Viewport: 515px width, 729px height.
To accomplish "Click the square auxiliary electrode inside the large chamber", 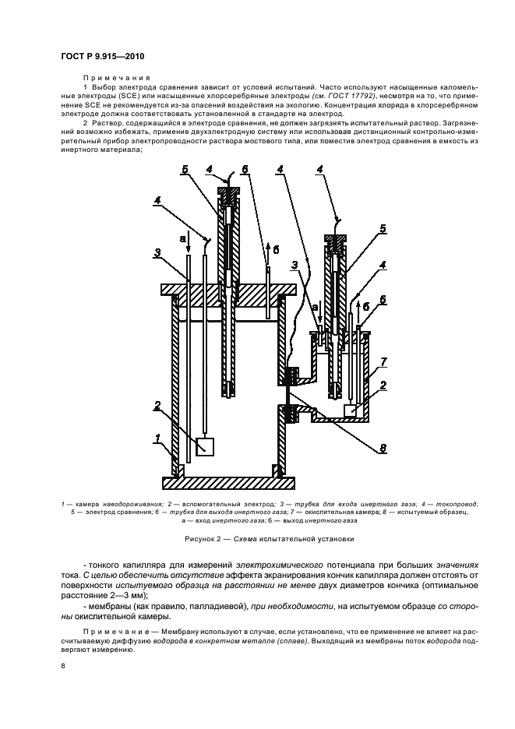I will click(x=205, y=446).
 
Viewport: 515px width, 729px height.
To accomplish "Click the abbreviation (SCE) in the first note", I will click(x=121, y=95).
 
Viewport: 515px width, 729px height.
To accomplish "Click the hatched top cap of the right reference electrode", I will click(x=336, y=244).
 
